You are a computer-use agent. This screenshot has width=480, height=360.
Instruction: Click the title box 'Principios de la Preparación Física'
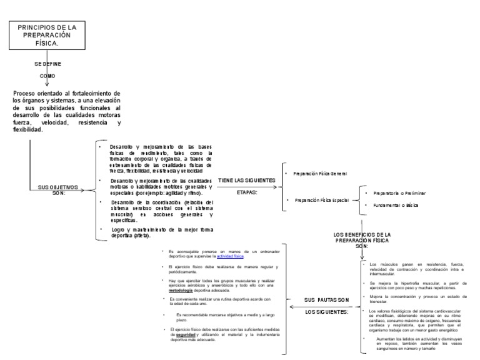(47, 36)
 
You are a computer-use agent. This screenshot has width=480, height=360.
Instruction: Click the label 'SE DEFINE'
(47, 64)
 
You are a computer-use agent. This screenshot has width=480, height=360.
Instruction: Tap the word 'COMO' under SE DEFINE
(47, 76)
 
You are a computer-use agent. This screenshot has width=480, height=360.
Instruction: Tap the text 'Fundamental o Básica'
(395, 205)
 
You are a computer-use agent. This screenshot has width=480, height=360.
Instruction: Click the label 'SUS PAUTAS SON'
(326, 301)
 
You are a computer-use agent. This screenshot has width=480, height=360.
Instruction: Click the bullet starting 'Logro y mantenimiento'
(156, 233)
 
